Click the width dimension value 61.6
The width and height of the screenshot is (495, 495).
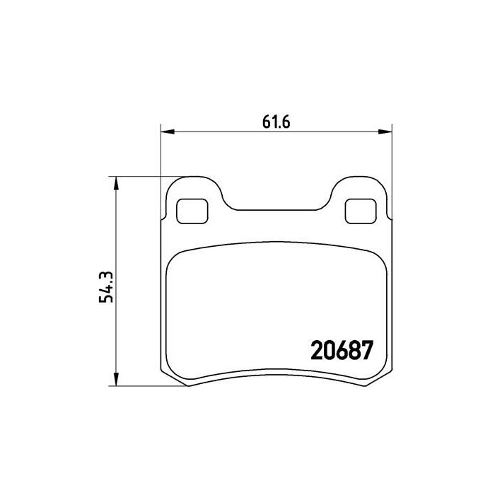(x=277, y=121)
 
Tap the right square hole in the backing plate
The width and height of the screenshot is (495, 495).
(x=361, y=210)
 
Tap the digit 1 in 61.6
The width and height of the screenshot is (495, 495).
(x=272, y=121)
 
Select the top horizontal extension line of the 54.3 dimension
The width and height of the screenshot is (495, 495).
(x=141, y=176)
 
